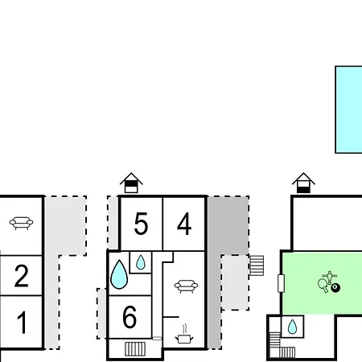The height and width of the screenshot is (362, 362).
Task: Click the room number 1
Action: [22, 322]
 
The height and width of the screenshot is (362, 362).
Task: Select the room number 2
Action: [22, 276]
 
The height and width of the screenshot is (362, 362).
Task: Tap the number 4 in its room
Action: [184, 224]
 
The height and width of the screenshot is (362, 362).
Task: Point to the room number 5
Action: [141, 224]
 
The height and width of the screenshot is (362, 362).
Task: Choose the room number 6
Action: [130, 317]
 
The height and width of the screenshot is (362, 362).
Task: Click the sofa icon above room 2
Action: [21, 223]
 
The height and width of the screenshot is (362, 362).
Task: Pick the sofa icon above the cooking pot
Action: [186, 286]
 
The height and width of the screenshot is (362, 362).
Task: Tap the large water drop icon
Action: [119, 274]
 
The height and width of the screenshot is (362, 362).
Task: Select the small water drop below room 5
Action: [141, 262]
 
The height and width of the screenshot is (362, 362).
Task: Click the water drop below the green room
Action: [292, 327]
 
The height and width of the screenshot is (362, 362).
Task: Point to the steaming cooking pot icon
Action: [184, 334]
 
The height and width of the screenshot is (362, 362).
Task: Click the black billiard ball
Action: [335, 288]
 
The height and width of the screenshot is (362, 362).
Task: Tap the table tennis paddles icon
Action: [323, 285]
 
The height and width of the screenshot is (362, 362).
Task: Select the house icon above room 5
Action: [131, 183]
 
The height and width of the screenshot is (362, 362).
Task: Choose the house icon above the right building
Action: [303, 183]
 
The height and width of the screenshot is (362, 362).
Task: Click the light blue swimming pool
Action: [348, 109]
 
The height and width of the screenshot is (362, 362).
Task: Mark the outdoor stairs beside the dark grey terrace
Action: [257, 265]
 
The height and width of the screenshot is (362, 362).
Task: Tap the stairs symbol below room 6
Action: [135, 349]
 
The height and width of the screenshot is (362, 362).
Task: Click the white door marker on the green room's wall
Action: [281, 283]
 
